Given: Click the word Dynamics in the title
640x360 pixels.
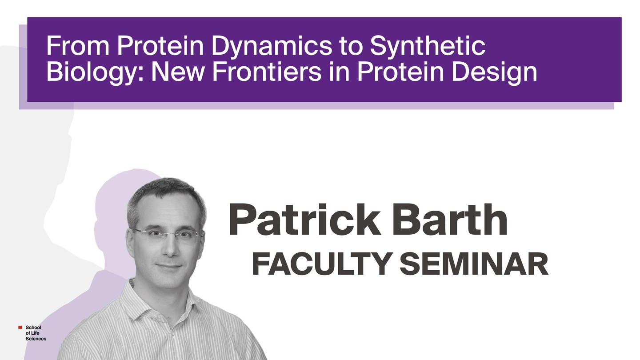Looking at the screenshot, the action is (272, 47).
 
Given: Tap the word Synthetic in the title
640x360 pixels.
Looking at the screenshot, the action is (428, 47).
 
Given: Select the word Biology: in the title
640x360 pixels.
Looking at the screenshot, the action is (95, 72).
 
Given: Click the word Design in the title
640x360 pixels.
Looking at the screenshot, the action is (494, 72).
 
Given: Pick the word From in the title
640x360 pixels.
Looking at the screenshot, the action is (78, 46).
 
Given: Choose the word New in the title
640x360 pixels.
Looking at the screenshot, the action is (177, 72).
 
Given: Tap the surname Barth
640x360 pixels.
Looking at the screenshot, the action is (449, 219).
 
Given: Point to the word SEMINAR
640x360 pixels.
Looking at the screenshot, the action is (474, 264).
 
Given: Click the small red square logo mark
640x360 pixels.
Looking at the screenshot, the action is (20, 328).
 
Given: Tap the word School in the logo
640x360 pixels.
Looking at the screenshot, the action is (33, 328).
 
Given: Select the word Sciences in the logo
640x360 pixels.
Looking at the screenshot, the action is (36, 339).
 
